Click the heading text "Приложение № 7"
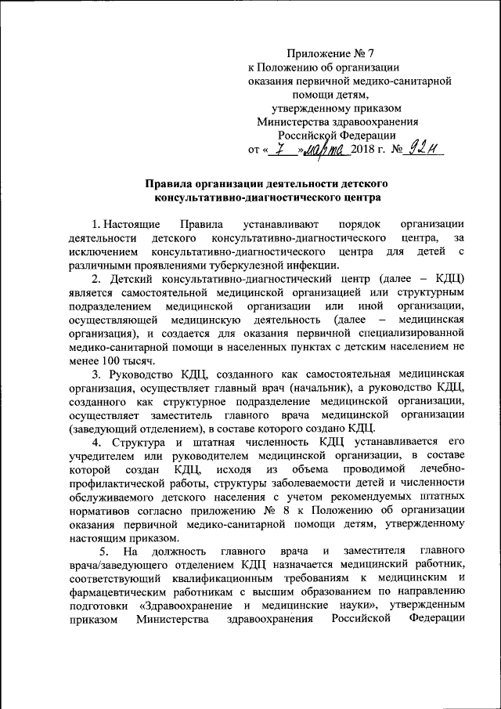(x=331, y=54)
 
